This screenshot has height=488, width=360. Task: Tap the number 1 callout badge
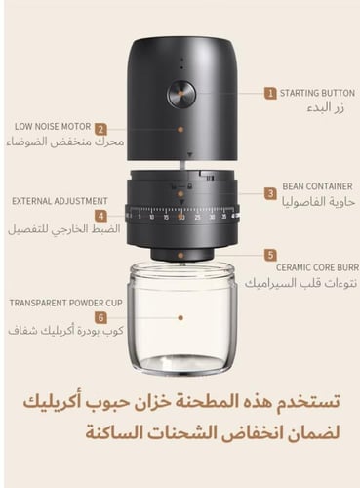click(269, 94)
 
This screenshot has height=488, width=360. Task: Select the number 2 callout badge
click(100, 128)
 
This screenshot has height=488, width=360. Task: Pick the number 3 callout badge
click(269, 193)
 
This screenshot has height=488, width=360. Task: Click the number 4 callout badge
click(100, 215)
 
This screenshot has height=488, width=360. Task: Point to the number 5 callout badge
click(269, 254)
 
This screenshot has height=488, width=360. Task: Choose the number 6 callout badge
click(100, 317)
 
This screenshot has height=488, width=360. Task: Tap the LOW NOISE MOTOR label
click(53, 127)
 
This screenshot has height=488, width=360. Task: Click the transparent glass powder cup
click(181, 322)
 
